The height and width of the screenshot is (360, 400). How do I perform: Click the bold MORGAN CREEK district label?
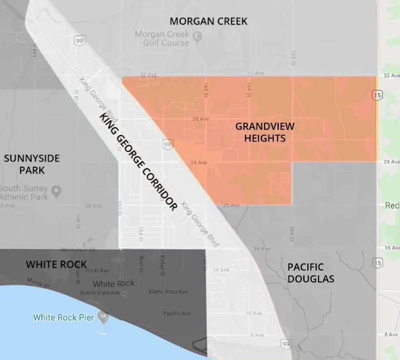coord(208,21)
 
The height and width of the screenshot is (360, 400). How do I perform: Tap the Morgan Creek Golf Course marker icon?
coord(198,35)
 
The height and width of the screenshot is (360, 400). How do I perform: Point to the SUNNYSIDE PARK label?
coord(31,164)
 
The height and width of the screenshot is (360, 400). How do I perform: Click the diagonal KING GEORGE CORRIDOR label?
coord(138,161)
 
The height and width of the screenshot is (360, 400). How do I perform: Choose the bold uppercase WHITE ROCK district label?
coord(56,264)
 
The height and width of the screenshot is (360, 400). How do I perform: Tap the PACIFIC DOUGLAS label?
coord(310,272)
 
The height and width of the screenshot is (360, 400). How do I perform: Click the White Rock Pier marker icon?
coord(103,316)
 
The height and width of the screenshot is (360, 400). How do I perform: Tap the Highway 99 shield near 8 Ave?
coord(285,344)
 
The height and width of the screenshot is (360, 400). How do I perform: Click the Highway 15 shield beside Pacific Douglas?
coord(377,263)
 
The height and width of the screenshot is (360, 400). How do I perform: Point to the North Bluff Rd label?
coord(74,249)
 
